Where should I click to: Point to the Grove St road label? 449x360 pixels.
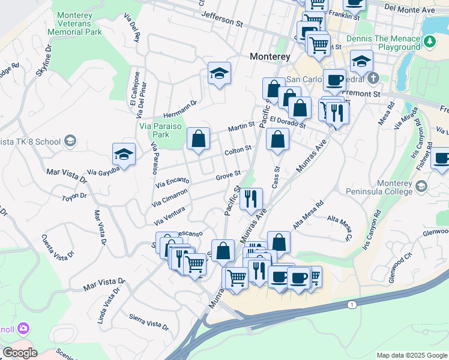coord(228,175)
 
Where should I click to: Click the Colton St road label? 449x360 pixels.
coord(237,151)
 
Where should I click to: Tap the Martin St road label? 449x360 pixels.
coord(241,127)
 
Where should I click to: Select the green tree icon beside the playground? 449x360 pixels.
coord(429,41)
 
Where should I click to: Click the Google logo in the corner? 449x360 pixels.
coord(20,353)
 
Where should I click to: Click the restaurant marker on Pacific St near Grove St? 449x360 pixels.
coord(251,199)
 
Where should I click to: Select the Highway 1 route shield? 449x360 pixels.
coord(351,305)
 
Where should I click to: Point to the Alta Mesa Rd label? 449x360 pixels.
coord(308,214)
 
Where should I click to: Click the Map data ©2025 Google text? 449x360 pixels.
coord(412,355)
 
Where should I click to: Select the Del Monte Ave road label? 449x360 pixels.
coord(410,9)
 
